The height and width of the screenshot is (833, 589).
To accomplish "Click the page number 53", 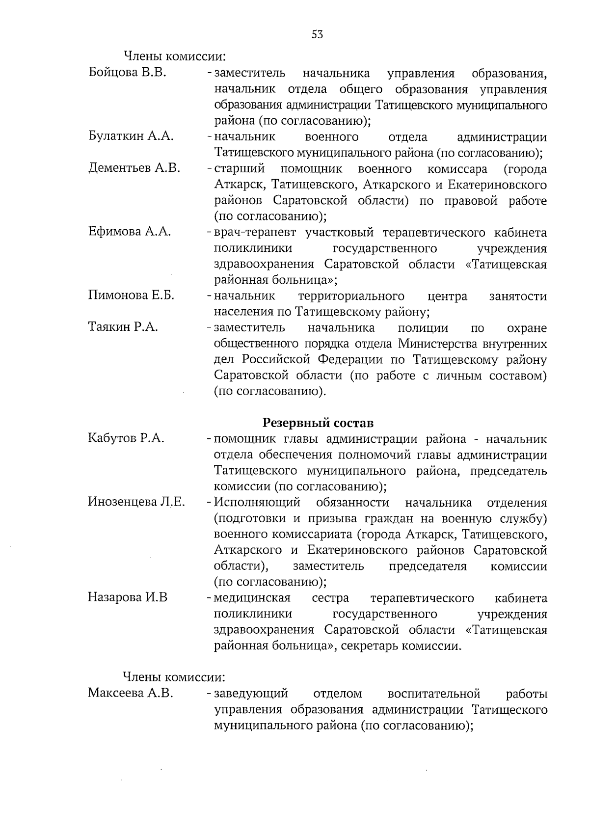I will click(x=317, y=34).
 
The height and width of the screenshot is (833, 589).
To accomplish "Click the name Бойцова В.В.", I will click(x=128, y=73).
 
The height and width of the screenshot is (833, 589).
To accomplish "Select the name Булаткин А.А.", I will click(x=131, y=136).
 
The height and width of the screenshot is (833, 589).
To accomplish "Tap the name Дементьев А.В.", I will click(x=134, y=168).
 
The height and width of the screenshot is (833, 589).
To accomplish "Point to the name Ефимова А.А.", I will click(x=130, y=232).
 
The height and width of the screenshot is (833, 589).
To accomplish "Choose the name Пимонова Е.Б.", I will click(x=131, y=296).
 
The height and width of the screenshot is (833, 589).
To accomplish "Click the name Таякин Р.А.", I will click(x=123, y=327).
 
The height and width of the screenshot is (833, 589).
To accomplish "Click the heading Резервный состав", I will click(x=318, y=423).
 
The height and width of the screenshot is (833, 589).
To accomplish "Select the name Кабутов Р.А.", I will click(x=126, y=438).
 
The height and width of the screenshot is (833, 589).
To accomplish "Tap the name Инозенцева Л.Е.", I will click(x=136, y=502).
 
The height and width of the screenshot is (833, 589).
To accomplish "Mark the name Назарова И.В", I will click(x=128, y=597).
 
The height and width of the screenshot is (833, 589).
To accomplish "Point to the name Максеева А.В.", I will click(x=131, y=693).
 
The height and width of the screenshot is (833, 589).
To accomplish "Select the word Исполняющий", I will click(x=257, y=503).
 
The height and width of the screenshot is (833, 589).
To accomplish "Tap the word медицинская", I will click(x=252, y=598).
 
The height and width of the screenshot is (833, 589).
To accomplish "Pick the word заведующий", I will click(x=251, y=694).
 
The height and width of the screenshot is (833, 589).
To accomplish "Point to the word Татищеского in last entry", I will click(x=509, y=710).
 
